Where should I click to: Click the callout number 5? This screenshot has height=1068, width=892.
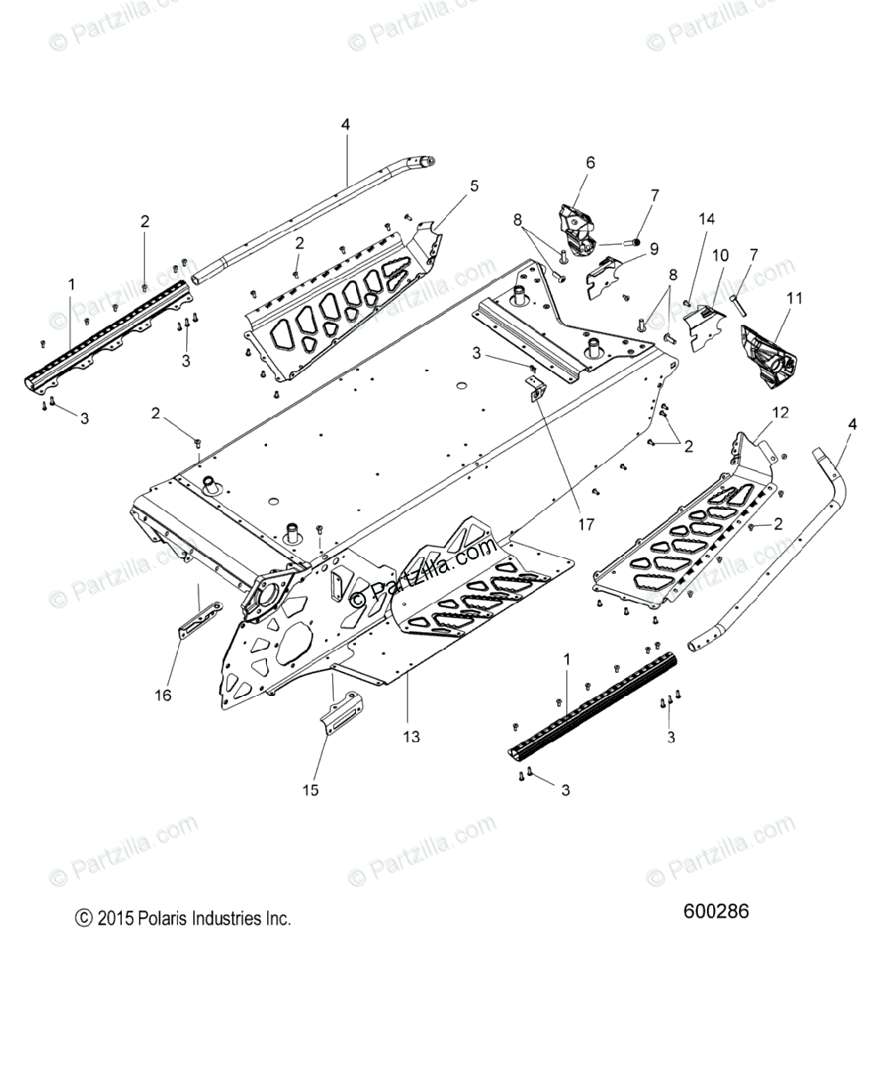pos(474,186)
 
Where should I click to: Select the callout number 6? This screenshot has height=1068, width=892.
pos(615,163)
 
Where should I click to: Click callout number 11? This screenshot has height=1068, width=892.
pos(794,298)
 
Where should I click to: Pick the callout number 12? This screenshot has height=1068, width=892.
pos(780,412)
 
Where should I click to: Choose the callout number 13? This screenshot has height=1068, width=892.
pos(410,737)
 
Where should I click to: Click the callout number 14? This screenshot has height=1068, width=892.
pos(706,219)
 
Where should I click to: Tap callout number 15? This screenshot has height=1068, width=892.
pos(311,789)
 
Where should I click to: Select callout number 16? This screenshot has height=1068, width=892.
pos(162,694)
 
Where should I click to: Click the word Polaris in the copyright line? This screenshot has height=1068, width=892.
pos(166,918)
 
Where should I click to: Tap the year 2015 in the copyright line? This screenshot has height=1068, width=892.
pos(115,918)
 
